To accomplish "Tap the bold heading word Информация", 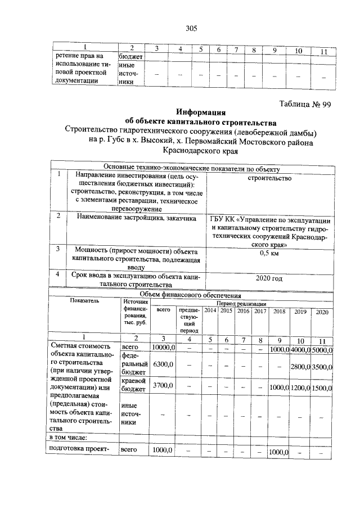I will click(x=200, y=111).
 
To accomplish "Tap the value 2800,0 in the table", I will click(x=299, y=367).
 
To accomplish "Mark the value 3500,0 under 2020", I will click(x=321, y=367).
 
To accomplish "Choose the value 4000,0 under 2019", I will click(x=299, y=349).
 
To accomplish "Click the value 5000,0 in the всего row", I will click(x=321, y=349).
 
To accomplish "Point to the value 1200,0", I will click(x=299, y=388).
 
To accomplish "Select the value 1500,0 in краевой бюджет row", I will click(x=321, y=388).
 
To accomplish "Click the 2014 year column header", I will click(x=210, y=311).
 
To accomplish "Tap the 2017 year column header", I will click(x=259, y=311).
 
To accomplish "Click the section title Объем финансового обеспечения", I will click(x=190, y=295).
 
